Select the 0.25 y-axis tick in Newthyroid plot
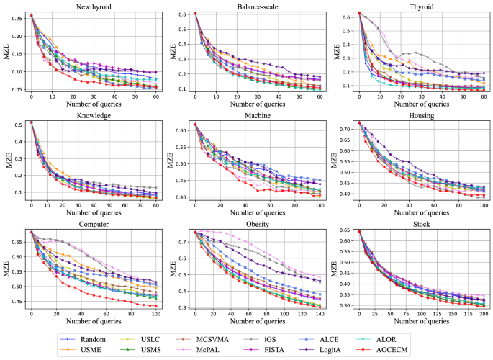click(x=19, y=15)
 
